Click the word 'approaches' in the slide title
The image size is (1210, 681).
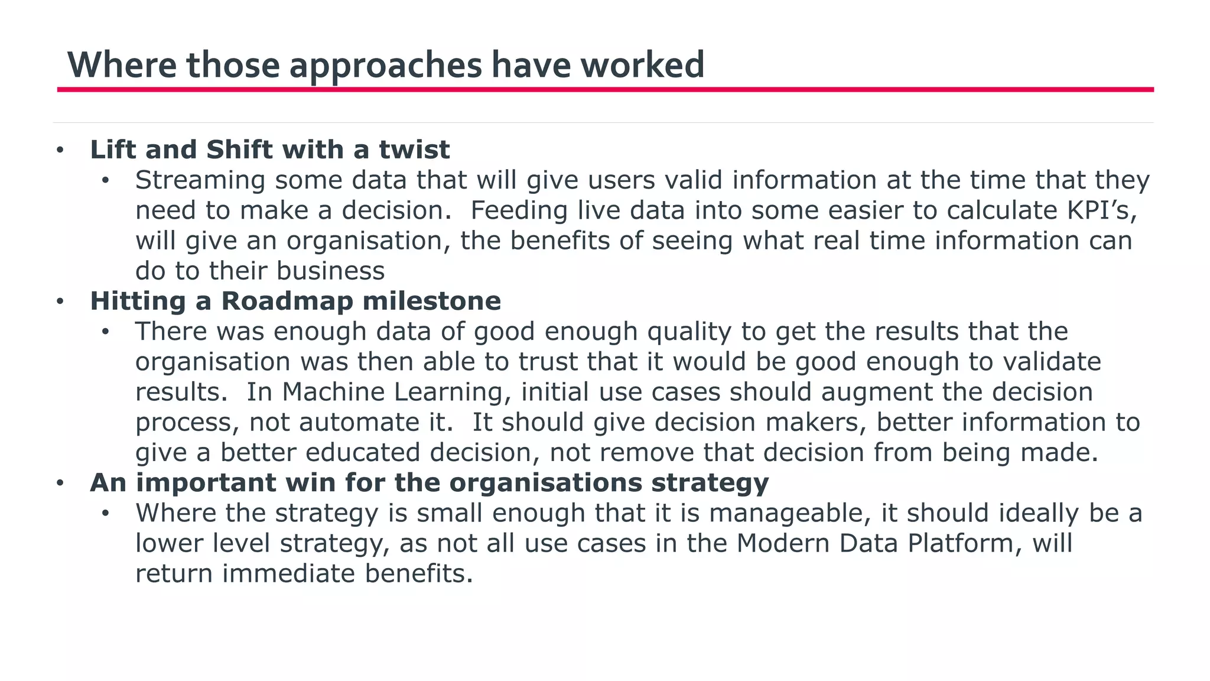click(385, 65)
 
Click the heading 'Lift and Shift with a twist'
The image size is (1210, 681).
click(269, 150)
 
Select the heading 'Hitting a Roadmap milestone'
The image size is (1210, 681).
click(295, 301)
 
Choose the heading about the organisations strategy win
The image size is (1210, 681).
click(429, 482)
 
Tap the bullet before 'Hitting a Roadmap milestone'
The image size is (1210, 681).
click(60, 301)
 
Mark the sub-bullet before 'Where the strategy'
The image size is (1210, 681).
click(105, 513)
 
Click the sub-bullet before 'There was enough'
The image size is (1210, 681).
click(105, 332)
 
